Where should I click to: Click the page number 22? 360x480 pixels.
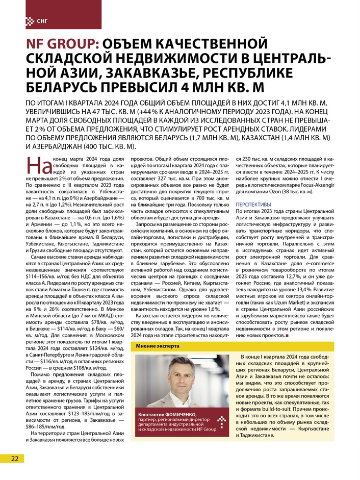15,458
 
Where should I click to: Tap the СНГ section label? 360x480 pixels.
43,21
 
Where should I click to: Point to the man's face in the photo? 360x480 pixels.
179,374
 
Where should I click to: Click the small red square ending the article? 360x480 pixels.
287,336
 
